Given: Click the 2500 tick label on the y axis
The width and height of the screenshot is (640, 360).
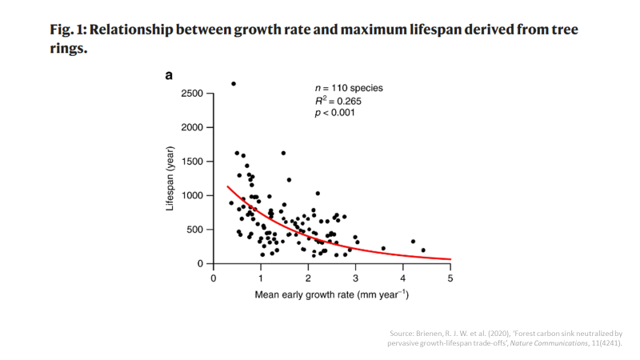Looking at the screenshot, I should tap(192, 94).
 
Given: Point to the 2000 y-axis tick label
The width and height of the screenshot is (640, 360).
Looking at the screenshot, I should tap(192, 128).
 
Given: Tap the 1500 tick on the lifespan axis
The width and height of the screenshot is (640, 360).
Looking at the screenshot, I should tap(192, 162).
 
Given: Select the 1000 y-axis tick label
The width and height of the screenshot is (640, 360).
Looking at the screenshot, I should tap(192, 196).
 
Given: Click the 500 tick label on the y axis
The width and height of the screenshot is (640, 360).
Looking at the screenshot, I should tap(195, 230).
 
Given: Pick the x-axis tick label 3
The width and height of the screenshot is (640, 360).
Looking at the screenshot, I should tap(355, 278).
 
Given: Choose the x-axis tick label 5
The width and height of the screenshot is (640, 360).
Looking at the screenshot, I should tap(450, 278).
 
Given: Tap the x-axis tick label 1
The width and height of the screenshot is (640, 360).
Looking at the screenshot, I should tap(261, 278).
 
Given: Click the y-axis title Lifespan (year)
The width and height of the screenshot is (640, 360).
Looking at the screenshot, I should tap(170, 178).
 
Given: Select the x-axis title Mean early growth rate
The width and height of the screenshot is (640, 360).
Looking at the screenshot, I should tap(331, 294).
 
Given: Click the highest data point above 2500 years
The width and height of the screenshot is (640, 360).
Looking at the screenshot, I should tap(233, 84).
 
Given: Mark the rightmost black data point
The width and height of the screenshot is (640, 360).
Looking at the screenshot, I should tap(423, 250).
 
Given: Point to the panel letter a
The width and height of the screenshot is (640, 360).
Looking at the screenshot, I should tap(169, 76).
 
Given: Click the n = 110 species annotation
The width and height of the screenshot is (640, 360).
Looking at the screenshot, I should tap(349, 87).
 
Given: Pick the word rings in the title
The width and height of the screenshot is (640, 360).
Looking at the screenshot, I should tap(68, 48).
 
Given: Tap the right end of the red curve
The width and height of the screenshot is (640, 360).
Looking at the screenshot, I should tap(450, 260).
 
